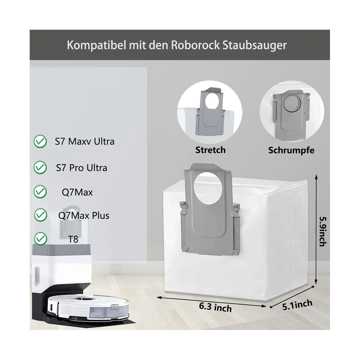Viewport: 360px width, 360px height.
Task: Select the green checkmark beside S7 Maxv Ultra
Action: pos(40,141)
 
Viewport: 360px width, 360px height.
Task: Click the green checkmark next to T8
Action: pos(40,239)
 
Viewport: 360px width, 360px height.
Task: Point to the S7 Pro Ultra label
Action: pos(82,168)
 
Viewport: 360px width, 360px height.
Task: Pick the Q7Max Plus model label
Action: pos(84,215)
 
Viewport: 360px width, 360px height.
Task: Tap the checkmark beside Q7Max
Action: pos(40,191)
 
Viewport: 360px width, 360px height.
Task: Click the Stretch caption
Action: pos(210,150)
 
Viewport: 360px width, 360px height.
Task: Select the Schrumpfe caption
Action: pos(291,150)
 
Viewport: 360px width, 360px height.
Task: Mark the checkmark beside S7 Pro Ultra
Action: pos(40,167)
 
